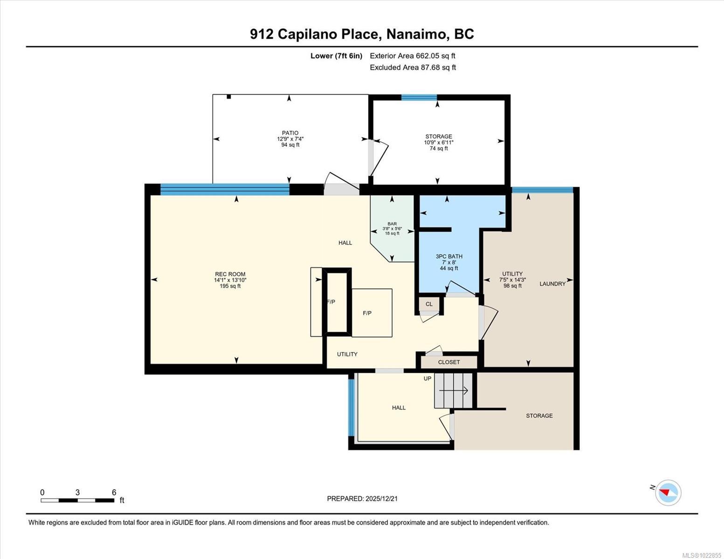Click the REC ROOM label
230,274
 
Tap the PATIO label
290,133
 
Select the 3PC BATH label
449,256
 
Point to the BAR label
392,224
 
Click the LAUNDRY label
552,284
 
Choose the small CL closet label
429,304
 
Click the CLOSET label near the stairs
449,362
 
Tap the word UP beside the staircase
428,379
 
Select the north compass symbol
668,492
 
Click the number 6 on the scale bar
114,492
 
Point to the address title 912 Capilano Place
362,34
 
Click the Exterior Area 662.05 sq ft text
413,56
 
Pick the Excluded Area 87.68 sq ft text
413,68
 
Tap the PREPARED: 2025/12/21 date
362,498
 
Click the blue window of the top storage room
419,97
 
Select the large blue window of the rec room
225,189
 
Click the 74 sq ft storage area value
439,149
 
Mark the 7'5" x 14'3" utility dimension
512,280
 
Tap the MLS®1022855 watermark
702,555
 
